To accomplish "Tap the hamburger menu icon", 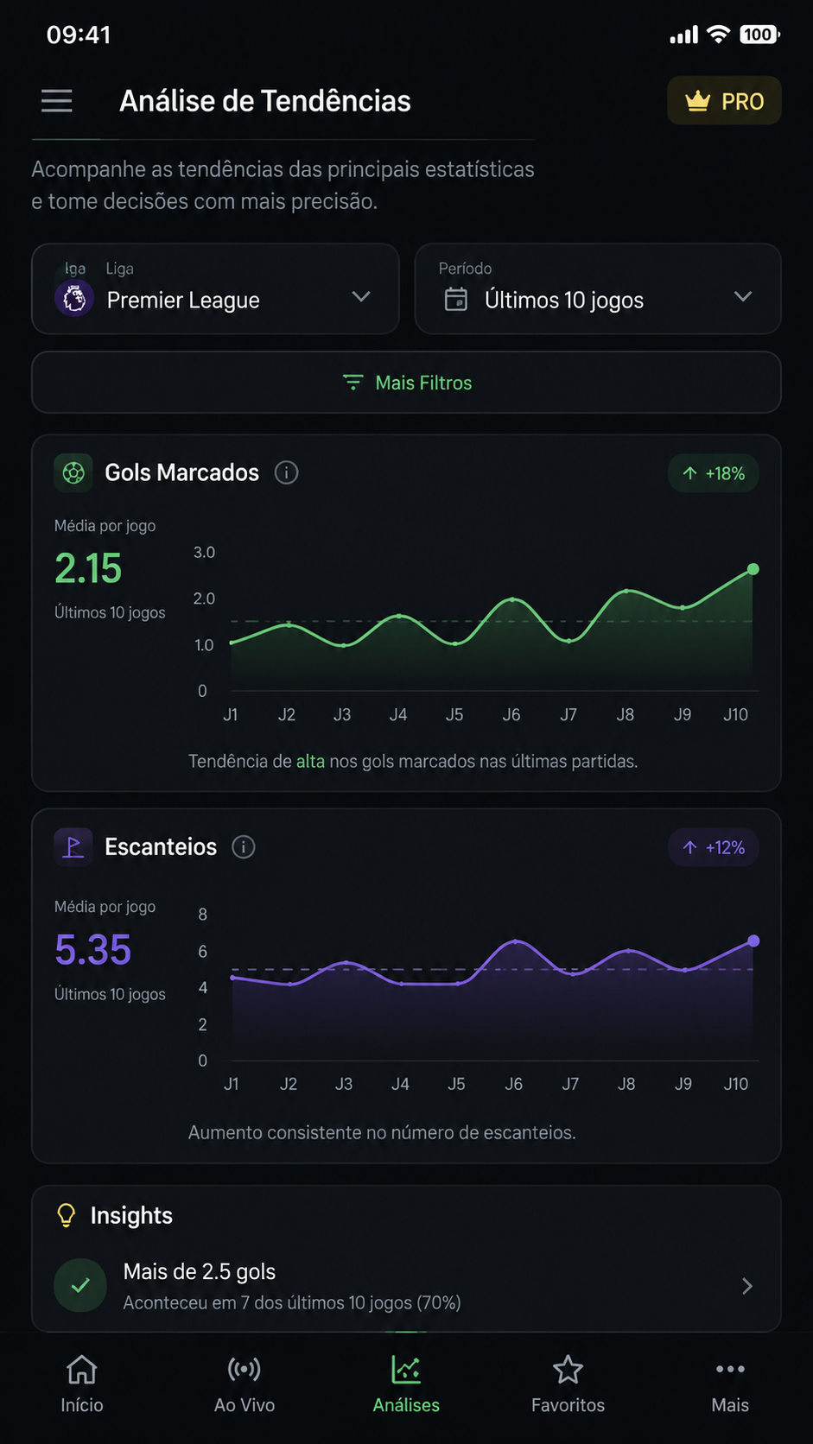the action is point(57,101).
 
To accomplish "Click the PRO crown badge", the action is point(724,100).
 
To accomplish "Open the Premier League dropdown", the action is point(215,288).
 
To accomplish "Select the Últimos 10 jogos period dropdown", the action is point(598,288).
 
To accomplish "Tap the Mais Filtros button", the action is point(406,383).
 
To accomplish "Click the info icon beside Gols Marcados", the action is point(286,472).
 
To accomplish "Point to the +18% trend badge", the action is point(713,473).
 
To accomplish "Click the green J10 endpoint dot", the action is point(753,569).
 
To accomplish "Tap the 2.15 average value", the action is point(88,568).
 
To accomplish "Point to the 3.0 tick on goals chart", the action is point(205,553).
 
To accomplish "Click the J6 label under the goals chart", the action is point(511,714).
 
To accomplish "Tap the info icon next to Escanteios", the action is point(244,846).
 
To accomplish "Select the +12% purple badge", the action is point(713,847).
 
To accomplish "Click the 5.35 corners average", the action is point(92,949).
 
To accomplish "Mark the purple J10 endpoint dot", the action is point(753,941).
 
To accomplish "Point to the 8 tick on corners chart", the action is point(202,914).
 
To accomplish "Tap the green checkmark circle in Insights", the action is point(80,1285).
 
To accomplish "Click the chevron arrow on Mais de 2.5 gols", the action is point(747,1286).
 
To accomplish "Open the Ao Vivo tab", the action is point(245,1384).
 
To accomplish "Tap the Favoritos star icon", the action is point(568,1369).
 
